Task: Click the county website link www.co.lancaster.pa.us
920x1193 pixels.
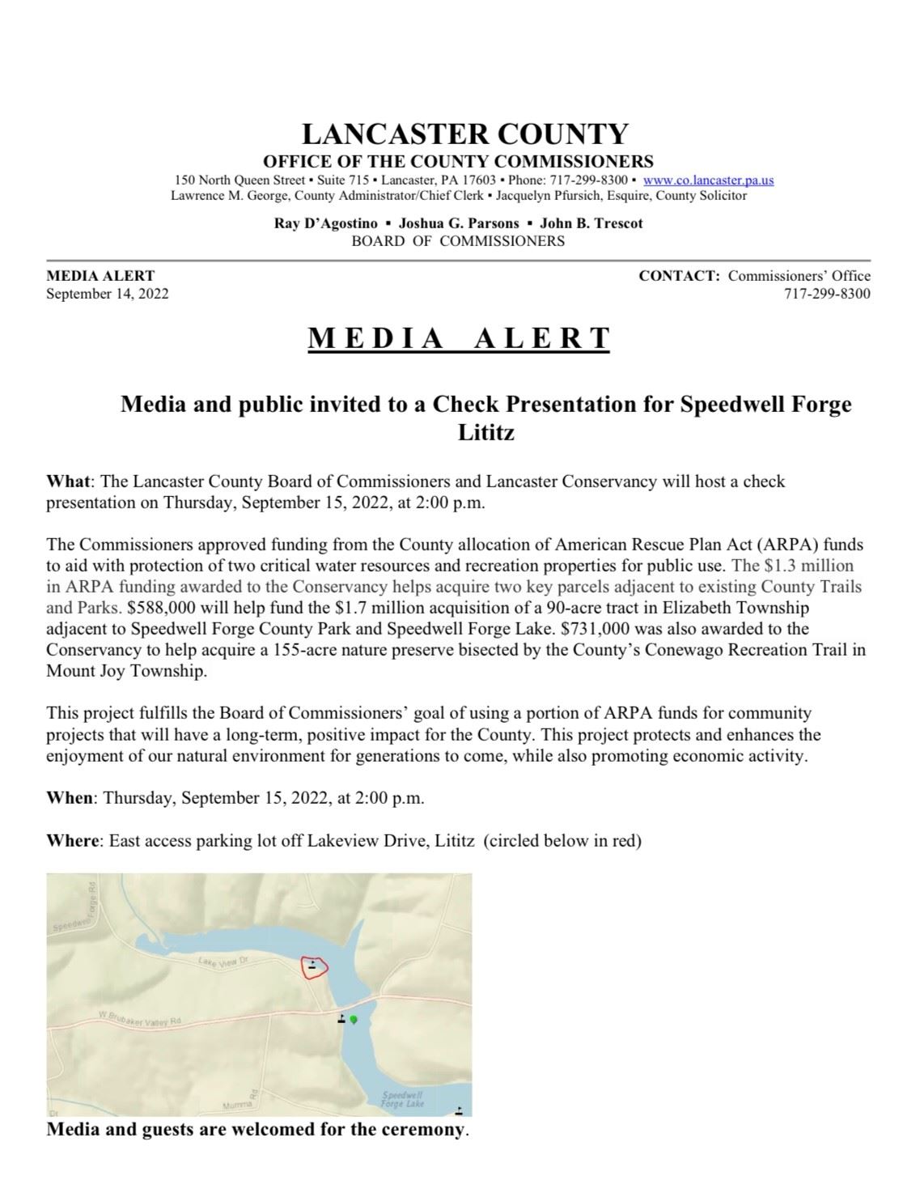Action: [708, 180]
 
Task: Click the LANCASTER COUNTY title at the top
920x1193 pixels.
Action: [464, 134]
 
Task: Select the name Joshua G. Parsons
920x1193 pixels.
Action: [459, 223]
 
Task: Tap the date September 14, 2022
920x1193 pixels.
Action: [108, 293]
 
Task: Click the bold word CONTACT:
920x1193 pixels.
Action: [679, 275]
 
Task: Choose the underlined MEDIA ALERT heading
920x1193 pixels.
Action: [459, 338]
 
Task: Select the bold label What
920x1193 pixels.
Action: [68, 482]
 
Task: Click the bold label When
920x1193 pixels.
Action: [70, 797]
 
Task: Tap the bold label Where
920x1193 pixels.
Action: [72, 840]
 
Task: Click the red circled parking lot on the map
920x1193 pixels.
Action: [314, 966]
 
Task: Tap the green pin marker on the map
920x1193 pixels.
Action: [354, 1020]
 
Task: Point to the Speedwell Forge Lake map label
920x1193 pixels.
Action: [402, 1099]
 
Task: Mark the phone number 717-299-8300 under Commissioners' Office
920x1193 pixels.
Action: [826, 293]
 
